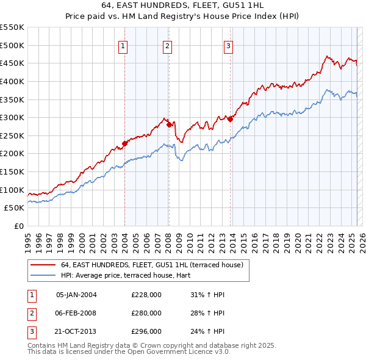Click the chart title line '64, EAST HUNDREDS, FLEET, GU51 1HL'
[183, 6]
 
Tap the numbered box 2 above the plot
[167, 46]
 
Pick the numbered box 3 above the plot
[228, 46]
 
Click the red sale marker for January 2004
[124, 144]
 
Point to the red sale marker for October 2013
[230, 120]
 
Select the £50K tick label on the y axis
[14, 208]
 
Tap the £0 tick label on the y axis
[18, 226]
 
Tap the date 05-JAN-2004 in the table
[76, 295]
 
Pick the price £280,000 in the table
[146, 313]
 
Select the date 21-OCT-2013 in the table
[76, 331]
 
